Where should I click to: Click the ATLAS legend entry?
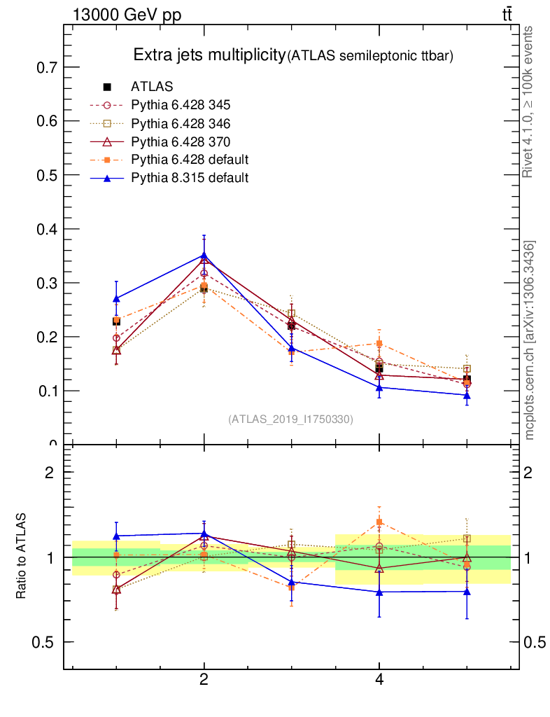click(x=152, y=87)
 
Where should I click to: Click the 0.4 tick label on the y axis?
click(x=46, y=230)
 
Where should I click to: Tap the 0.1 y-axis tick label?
click(x=46, y=391)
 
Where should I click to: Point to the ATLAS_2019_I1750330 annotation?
click(x=290, y=419)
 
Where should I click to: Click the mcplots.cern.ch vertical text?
click(x=530, y=340)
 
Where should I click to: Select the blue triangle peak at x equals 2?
click(x=204, y=256)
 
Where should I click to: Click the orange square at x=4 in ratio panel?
click(x=379, y=522)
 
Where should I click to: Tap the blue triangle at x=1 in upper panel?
click(x=116, y=299)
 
